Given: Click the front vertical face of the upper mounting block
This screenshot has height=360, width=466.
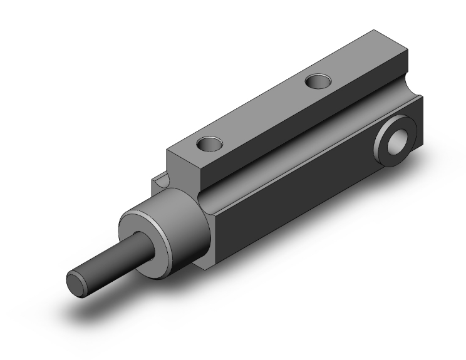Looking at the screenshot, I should pos(182,168).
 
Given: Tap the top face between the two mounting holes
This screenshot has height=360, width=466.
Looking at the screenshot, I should pos(263,113).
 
